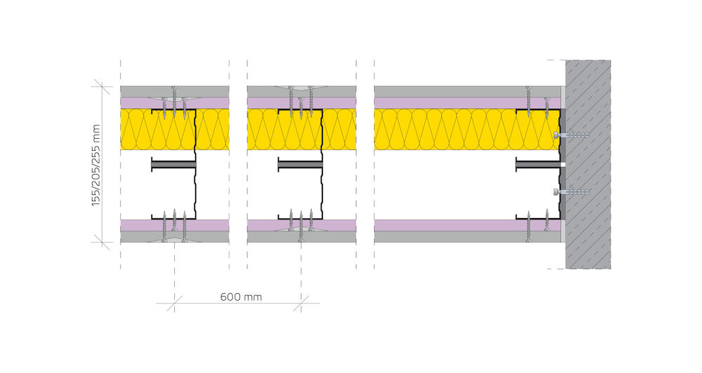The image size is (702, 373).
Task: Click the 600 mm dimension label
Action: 241,297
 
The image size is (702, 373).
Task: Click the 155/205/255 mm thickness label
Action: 96,165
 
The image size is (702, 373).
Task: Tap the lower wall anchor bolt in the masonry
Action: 571,191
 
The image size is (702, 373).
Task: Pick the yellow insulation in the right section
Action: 456,130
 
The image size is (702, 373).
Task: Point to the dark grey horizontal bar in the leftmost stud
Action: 173,165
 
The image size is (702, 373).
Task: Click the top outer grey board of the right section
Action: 456,91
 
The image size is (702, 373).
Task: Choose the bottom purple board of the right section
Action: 456,225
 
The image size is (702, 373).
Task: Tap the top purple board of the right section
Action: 456,102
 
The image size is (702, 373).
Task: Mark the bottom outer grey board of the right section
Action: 456,236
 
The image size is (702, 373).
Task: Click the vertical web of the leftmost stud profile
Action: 194,165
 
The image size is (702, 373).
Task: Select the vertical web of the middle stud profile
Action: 322,165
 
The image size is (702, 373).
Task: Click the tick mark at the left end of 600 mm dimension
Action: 174,303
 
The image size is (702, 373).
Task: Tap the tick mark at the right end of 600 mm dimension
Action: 301,303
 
